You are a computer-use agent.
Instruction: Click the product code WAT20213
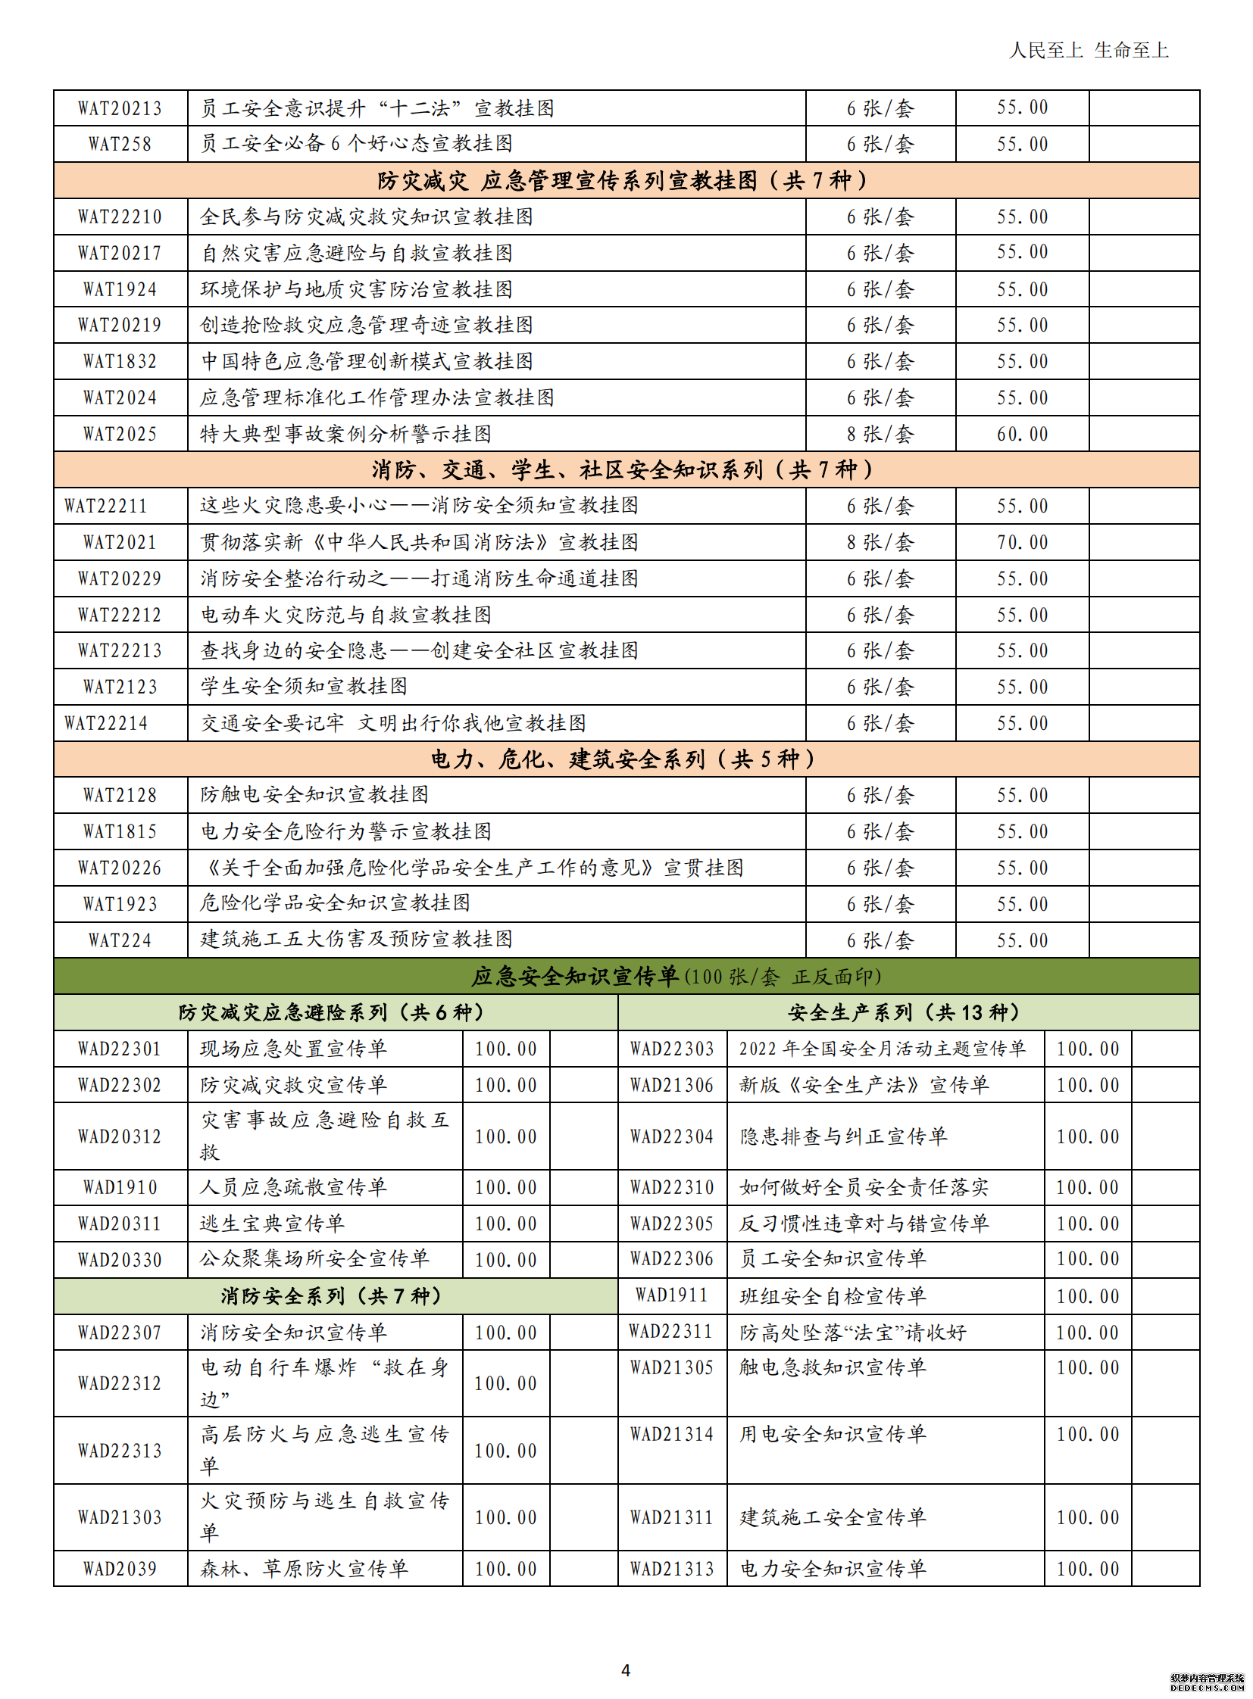[120, 108]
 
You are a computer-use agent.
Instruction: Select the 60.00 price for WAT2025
[1022, 435]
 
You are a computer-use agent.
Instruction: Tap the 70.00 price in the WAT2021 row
[1022, 543]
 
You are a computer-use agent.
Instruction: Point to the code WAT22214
[106, 723]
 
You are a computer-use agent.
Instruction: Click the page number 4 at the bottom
[626, 1669]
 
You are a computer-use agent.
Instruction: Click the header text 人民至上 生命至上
[1089, 51]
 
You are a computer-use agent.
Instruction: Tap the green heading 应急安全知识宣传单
[575, 977]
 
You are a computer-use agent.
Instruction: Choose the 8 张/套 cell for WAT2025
[880, 435]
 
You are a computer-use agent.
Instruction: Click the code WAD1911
[671, 1295]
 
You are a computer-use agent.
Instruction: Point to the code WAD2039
[120, 1569]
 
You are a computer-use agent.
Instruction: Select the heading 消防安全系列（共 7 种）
[331, 1296]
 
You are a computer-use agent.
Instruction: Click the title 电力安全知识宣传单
[833, 1569]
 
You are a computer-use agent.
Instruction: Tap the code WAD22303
[671, 1049]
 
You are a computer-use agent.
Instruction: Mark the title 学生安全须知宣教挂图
[303, 687]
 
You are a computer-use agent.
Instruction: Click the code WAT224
[120, 941]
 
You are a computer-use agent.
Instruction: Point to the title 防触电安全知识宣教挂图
[314, 795]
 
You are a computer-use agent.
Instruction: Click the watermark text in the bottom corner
[1208, 1683]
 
